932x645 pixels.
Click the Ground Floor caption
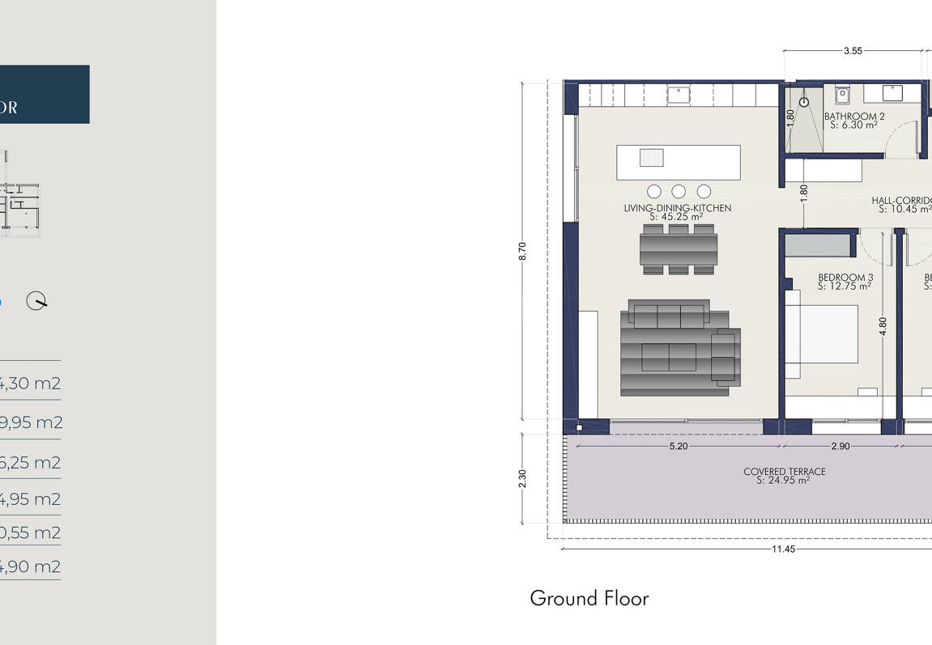point(589,599)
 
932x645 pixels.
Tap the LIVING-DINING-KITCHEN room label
point(677,208)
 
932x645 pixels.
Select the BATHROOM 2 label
point(854,117)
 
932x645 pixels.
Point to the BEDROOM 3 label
point(845,277)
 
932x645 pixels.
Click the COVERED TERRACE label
point(784,472)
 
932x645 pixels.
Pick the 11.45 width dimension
point(783,549)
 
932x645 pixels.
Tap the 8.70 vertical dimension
point(523,251)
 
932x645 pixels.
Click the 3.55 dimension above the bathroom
point(852,51)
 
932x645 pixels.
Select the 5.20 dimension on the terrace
point(679,446)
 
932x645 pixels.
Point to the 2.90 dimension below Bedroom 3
point(841,446)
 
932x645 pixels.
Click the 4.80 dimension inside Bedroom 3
point(883,325)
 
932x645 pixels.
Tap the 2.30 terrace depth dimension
point(523,478)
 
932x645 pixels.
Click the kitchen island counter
point(679,162)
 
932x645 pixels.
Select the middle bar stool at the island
point(679,192)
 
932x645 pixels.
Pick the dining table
point(679,249)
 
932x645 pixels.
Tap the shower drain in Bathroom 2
point(804,103)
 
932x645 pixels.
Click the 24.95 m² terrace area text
point(783,481)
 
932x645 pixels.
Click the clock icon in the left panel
point(36,301)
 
